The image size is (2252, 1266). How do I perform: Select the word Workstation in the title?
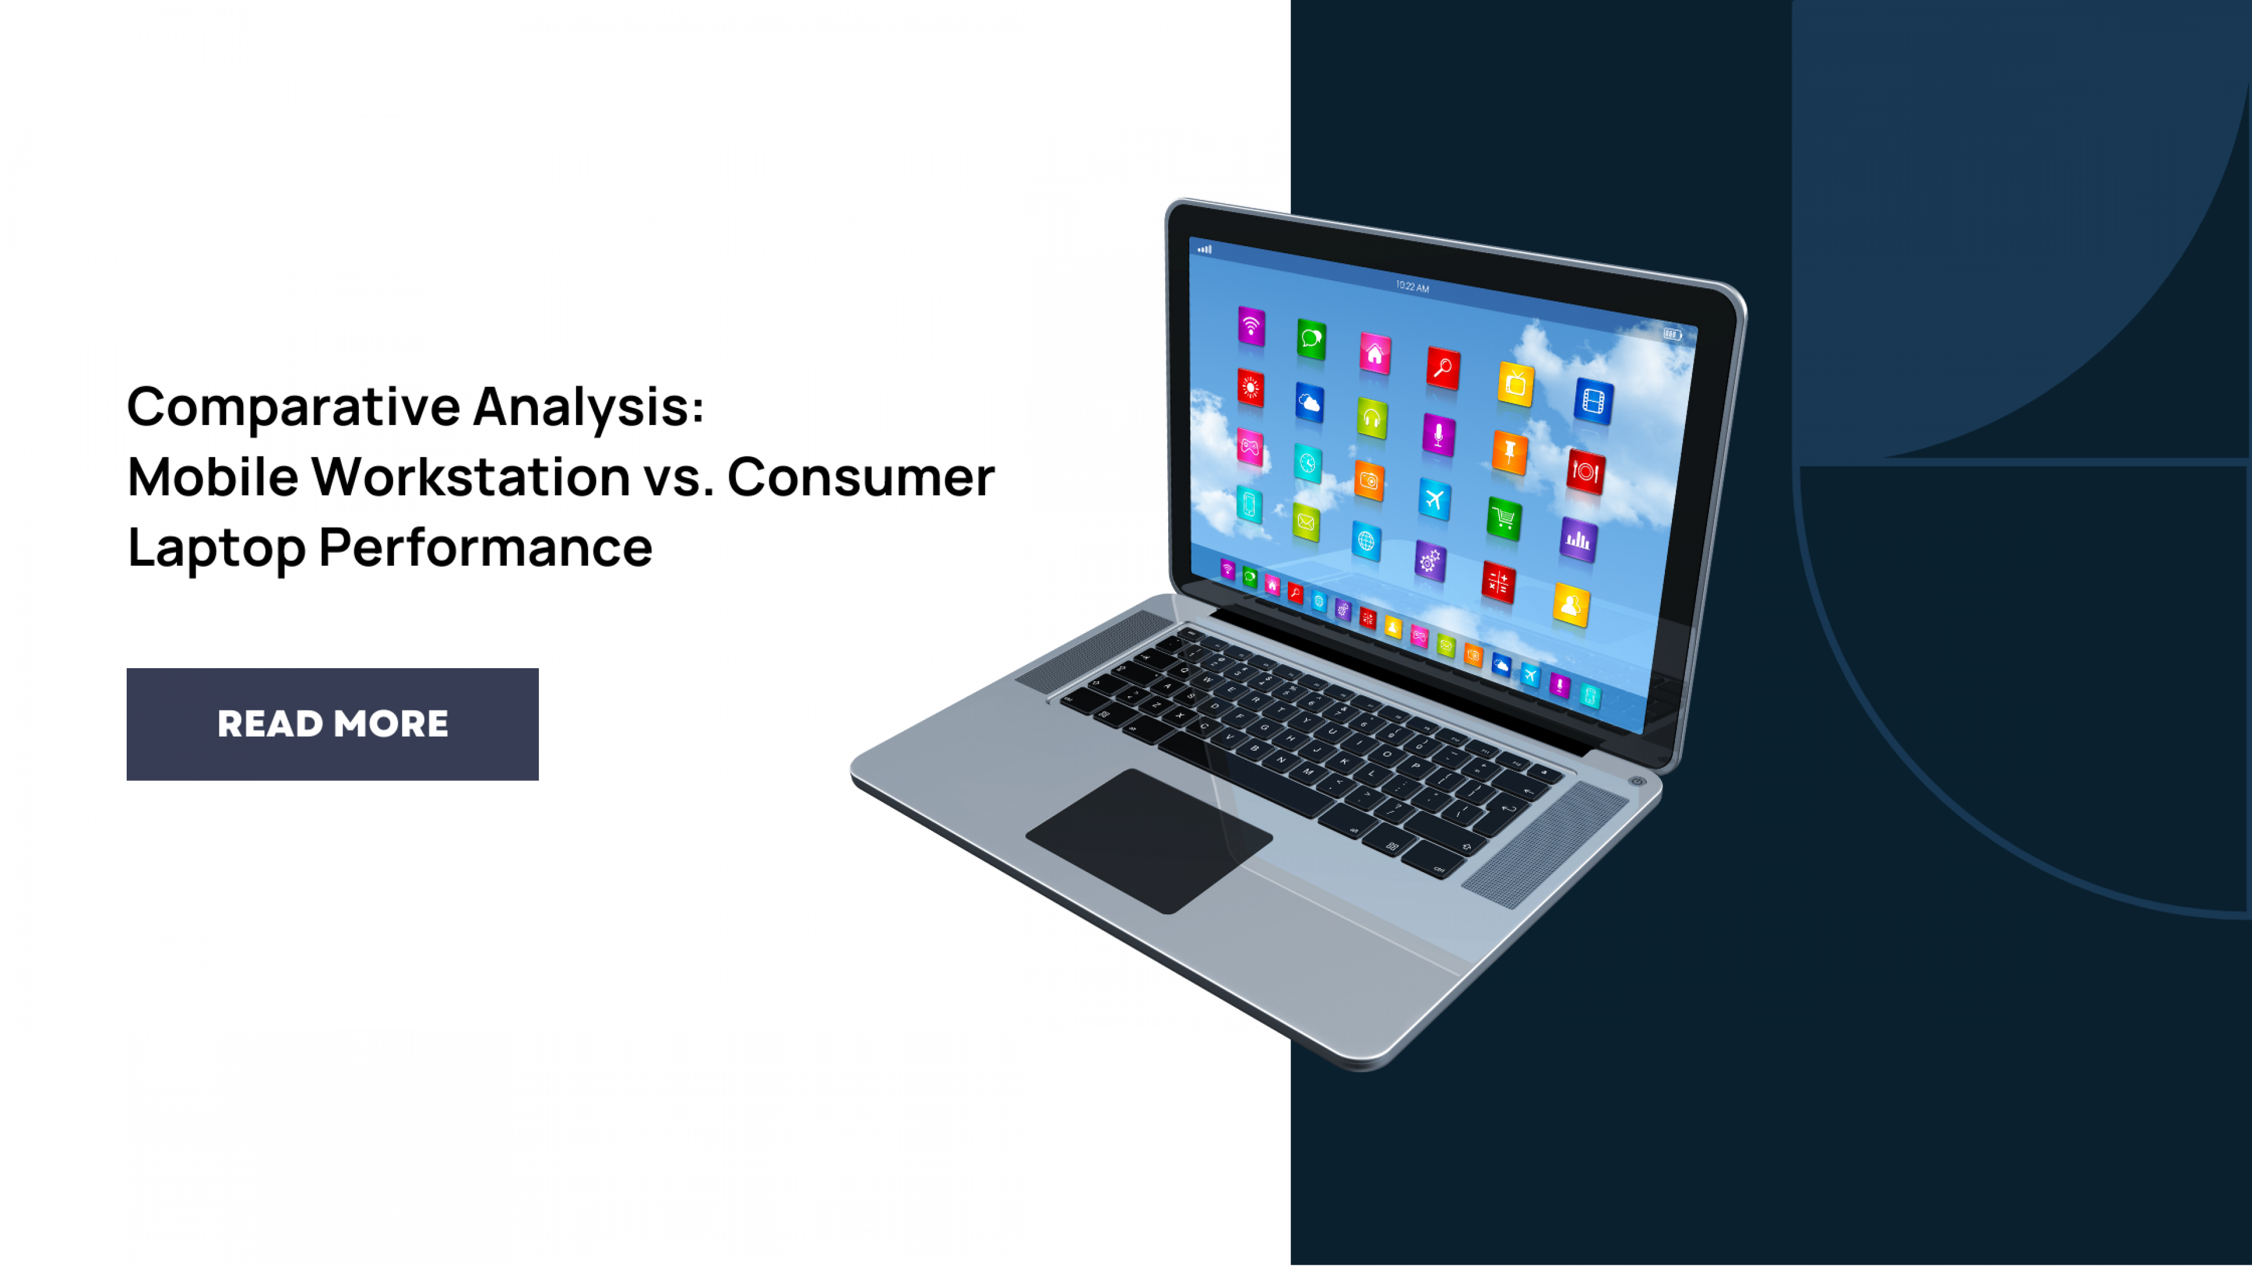point(470,477)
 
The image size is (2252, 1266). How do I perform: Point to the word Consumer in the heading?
point(860,477)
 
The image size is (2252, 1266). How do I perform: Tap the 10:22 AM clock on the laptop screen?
point(1412,287)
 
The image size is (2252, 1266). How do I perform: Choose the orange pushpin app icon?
point(1510,452)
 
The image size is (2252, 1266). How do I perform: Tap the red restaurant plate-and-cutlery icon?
point(1585,472)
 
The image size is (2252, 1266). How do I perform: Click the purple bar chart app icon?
point(1578,539)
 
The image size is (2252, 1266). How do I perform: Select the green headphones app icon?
point(1372,418)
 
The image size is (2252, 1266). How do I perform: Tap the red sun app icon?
point(1250,387)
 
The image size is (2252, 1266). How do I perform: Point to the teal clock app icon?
point(1308,463)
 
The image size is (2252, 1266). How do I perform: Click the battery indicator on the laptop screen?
point(1671,333)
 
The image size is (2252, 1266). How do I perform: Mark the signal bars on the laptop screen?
point(1205,249)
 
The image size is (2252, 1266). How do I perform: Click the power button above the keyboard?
point(1637,781)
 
